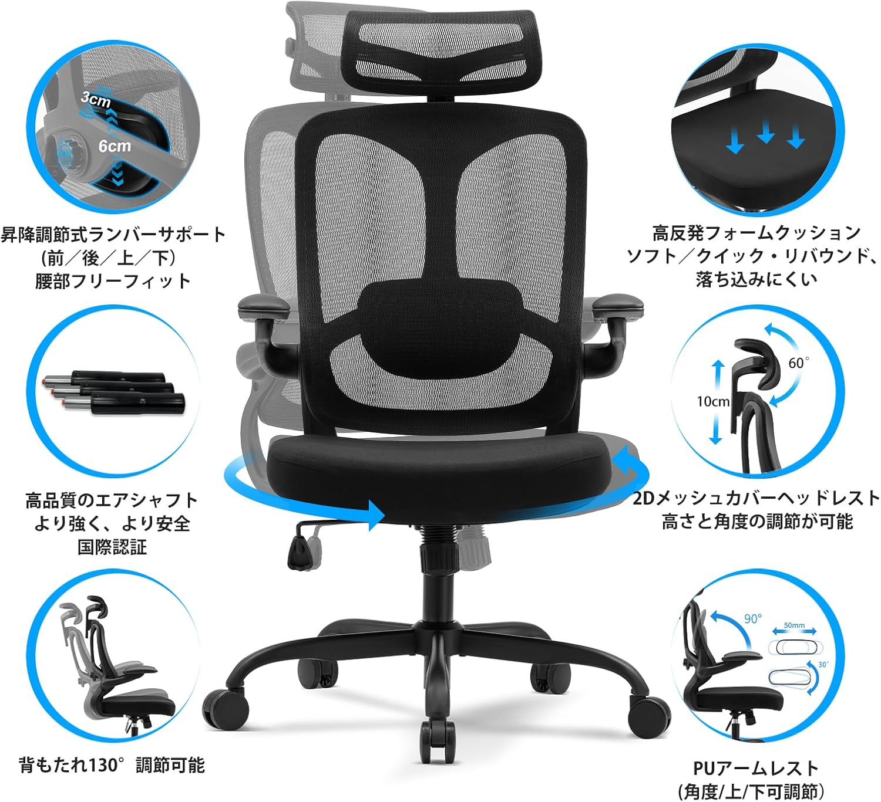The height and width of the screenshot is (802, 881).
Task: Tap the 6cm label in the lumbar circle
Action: (115, 145)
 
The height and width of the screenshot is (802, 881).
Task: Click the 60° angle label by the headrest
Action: (798, 363)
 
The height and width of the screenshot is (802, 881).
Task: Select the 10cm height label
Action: (713, 402)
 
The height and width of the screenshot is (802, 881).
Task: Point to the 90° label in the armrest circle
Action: (752, 619)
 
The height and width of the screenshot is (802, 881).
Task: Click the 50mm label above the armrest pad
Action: (794, 625)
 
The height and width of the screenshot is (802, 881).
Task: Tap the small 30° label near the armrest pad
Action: (823, 664)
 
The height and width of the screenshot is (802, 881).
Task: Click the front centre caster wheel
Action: (438, 736)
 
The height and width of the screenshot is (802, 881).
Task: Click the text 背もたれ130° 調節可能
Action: (112, 765)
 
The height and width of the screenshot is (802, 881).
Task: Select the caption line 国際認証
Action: (112, 547)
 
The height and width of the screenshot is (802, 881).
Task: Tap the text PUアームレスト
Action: (755, 768)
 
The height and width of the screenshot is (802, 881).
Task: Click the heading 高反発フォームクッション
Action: (756, 233)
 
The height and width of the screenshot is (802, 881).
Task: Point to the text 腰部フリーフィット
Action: (113, 281)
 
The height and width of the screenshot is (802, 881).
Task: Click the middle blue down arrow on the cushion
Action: (765, 133)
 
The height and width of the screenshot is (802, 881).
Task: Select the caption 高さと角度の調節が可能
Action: (756, 521)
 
